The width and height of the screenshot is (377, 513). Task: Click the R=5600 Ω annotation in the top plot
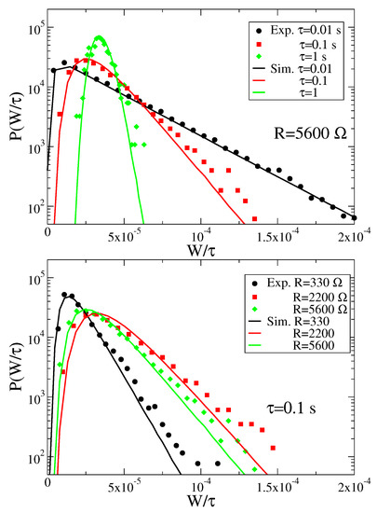click(x=310, y=133)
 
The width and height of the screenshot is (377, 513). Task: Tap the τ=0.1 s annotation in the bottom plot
click(x=291, y=409)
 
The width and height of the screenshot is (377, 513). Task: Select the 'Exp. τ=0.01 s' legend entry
click(x=299, y=31)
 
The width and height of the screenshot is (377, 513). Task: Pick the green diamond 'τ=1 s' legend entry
click(x=291, y=56)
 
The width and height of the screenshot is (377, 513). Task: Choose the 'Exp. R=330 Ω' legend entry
click(x=298, y=283)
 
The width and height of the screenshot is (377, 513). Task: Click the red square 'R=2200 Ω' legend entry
click(x=300, y=297)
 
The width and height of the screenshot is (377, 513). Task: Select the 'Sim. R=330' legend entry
click(x=291, y=321)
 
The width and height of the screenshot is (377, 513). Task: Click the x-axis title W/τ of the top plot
click(x=201, y=251)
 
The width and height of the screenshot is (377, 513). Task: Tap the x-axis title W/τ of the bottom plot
click(x=201, y=500)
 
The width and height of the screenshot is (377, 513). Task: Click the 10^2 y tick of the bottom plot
click(x=36, y=458)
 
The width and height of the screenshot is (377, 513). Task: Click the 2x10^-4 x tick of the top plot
click(x=354, y=236)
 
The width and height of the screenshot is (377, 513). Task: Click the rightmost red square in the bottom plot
click(x=273, y=448)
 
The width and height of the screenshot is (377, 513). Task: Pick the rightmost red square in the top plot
click(x=255, y=218)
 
